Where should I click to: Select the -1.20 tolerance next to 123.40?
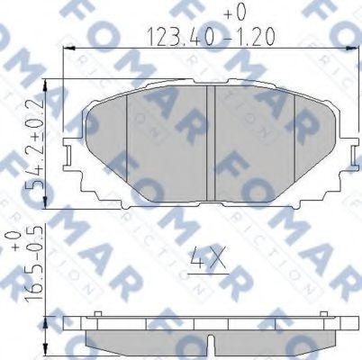click(246, 37)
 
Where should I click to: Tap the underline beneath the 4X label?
click(206, 274)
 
